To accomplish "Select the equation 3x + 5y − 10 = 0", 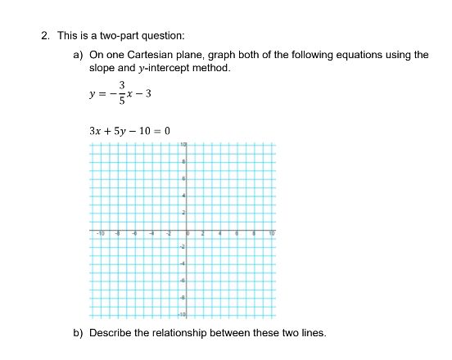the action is click(129, 131).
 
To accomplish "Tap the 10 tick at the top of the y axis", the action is click(184, 144).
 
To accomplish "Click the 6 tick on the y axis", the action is click(184, 178).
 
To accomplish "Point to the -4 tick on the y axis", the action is click(184, 263).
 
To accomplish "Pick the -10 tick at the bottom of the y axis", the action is click(183, 314).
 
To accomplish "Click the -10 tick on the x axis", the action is click(100, 233).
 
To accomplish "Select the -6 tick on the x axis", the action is click(134, 233).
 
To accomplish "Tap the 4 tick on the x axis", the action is click(219, 233).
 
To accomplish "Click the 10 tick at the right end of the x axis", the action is click(271, 233).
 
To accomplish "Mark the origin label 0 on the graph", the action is click(188, 233).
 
